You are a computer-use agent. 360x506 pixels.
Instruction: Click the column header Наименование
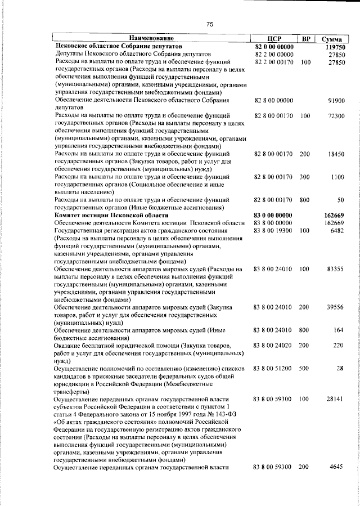tap(153, 38)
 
